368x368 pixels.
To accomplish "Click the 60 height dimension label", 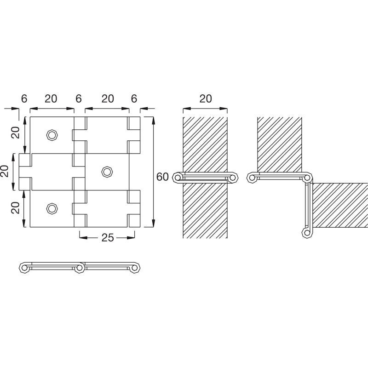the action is pyautogui.click(x=162, y=177).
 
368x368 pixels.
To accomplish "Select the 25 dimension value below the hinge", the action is pyautogui.click(x=108, y=238).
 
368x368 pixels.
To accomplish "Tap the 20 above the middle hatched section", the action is pyautogui.click(x=206, y=99).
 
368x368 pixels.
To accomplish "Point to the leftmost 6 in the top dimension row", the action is pyautogui.click(x=24, y=99).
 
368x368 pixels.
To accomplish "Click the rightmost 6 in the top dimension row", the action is pyautogui.click(x=134, y=99).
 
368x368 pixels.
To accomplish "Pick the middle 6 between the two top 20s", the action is pyautogui.click(x=79, y=99).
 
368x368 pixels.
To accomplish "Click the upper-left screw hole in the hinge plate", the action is pyautogui.click(x=52, y=135).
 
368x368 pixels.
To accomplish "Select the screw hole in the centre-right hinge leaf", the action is pyautogui.click(x=107, y=172).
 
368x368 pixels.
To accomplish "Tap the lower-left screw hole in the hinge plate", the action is pyautogui.click(x=52, y=209).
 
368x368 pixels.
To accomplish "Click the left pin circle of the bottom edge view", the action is pyautogui.click(x=24, y=268).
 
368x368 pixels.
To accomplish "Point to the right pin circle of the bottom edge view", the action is pyautogui.click(x=134, y=268).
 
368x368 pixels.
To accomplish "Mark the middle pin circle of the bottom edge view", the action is pyautogui.click(x=79, y=268).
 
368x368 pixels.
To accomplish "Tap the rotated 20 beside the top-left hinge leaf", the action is pyautogui.click(x=16, y=132).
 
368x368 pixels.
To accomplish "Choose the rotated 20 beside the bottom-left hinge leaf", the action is pyautogui.click(x=16, y=208).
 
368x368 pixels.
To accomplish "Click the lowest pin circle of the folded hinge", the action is pyautogui.click(x=307, y=233).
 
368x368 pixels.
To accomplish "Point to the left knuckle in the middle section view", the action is pyautogui.click(x=178, y=178).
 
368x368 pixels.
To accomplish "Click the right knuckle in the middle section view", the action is pyautogui.click(x=233, y=178).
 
